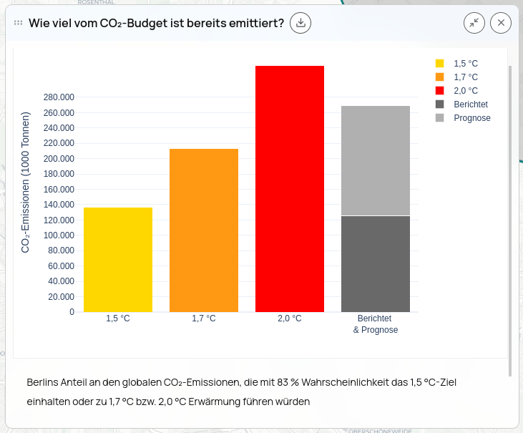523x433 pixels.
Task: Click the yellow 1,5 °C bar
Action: click(118, 259)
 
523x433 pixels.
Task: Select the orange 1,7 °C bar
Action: click(204, 230)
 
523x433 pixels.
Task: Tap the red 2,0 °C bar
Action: click(290, 188)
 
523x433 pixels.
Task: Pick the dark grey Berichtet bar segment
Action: click(376, 263)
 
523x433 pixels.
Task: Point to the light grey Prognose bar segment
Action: click(376, 160)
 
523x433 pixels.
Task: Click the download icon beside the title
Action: click(301, 23)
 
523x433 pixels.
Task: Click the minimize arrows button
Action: click(474, 23)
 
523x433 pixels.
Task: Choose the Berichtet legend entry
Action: click(471, 104)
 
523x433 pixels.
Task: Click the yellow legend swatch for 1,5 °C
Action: click(439, 64)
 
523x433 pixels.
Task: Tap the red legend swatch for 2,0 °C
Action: click(439, 91)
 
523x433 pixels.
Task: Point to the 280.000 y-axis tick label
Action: click(59, 97)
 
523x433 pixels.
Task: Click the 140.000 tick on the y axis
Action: click(59, 205)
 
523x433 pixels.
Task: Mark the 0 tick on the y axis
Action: click(72, 312)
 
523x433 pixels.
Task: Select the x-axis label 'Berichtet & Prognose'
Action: click(376, 324)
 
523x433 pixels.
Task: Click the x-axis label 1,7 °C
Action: click(204, 318)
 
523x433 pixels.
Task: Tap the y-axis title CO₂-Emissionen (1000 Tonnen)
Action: click(26, 182)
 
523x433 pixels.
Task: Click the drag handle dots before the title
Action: click(19, 23)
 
